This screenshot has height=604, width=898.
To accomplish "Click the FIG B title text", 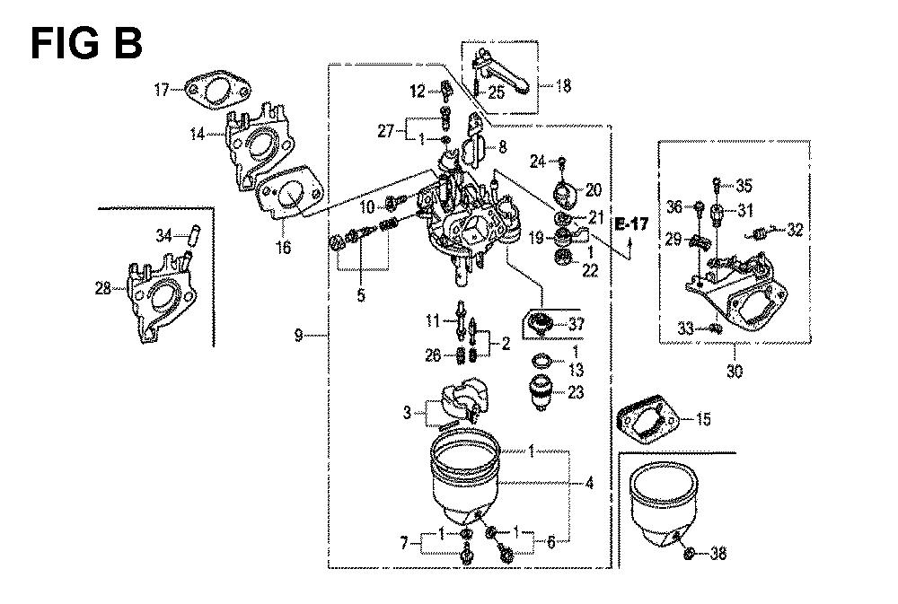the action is [x=86, y=44].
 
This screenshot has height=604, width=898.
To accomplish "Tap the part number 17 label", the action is [x=162, y=90].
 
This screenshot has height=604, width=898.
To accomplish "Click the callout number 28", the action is [x=103, y=288].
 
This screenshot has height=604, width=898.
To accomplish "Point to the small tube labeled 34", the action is [x=189, y=233].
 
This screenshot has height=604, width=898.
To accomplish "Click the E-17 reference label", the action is [x=631, y=223].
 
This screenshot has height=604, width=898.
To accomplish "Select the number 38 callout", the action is [x=718, y=553].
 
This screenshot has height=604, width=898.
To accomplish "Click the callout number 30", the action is [x=735, y=371].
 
